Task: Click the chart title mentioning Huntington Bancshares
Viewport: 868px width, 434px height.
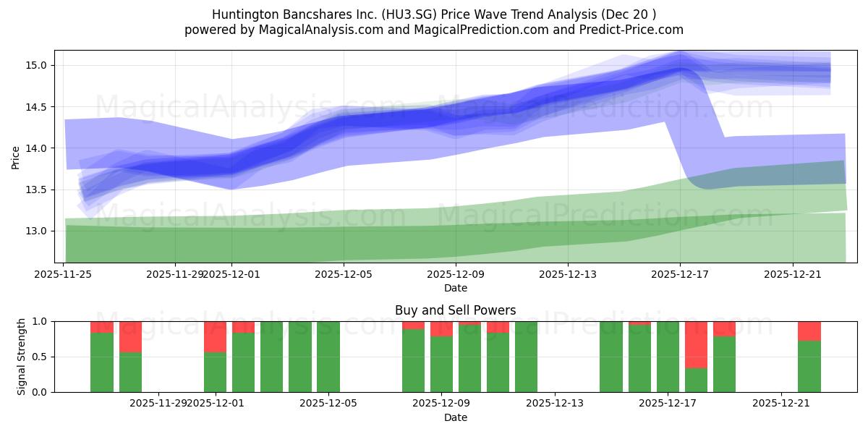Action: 434,14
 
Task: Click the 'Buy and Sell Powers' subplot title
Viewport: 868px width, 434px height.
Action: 455,310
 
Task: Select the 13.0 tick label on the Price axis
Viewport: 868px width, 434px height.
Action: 37,231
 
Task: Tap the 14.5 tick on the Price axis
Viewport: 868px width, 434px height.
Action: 37,107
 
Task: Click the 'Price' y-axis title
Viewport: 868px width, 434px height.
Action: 16,157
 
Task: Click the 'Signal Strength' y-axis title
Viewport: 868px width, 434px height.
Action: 22,357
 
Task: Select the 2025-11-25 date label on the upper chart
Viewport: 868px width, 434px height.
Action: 64,274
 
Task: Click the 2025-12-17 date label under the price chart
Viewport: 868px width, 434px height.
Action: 680,274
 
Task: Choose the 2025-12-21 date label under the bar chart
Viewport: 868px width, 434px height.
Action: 781,403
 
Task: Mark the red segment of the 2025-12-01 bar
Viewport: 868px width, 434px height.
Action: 215,336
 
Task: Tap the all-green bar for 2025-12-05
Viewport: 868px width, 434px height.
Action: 328,357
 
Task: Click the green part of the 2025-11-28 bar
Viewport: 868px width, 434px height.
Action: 130,373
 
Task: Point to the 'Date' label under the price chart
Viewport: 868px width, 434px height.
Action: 455,288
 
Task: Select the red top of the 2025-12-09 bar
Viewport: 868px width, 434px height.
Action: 441,328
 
